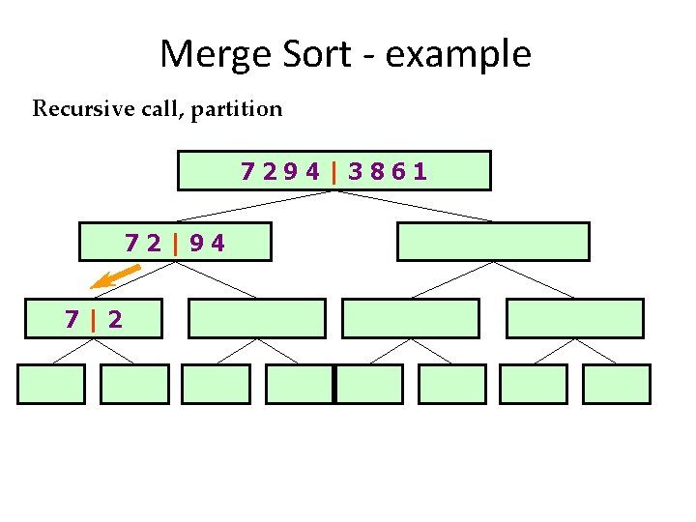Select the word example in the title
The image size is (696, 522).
pyautogui.click(x=458, y=54)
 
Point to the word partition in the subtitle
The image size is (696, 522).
pyautogui.click(x=237, y=108)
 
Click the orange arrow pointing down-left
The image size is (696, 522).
pyautogui.click(x=109, y=279)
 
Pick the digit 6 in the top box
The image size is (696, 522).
pyautogui.click(x=398, y=172)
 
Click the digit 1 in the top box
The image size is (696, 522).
pyautogui.click(x=420, y=172)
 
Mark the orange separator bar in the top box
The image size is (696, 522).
pyautogui.click(x=333, y=172)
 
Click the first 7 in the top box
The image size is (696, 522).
pyautogui.click(x=248, y=172)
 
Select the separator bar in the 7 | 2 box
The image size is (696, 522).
pyautogui.click(x=94, y=319)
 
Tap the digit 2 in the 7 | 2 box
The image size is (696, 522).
pyautogui.click(x=115, y=319)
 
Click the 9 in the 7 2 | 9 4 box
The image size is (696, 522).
pyautogui.click(x=196, y=243)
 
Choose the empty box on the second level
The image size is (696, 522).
pyautogui.click(x=493, y=242)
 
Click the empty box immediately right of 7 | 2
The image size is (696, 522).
pyautogui.click(x=257, y=318)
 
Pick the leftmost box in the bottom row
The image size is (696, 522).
pyautogui.click(x=51, y=384)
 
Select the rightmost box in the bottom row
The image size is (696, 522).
pyautogui.click(x=617, y=384)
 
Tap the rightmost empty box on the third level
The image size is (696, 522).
pyautogui.click(x=574, y=318)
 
